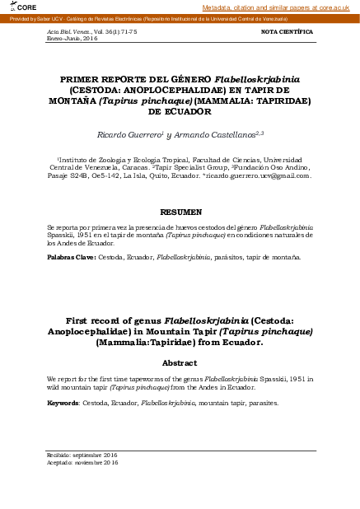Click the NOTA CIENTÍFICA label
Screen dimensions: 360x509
[287, 31]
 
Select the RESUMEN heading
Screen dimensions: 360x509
[180, 212]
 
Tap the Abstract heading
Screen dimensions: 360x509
[180, 362]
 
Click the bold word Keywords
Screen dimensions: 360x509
[63, 404]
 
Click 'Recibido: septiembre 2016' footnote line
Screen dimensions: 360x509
[82, 455]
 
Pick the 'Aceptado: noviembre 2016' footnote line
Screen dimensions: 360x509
[82, 464]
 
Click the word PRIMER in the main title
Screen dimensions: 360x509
[81, 79]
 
